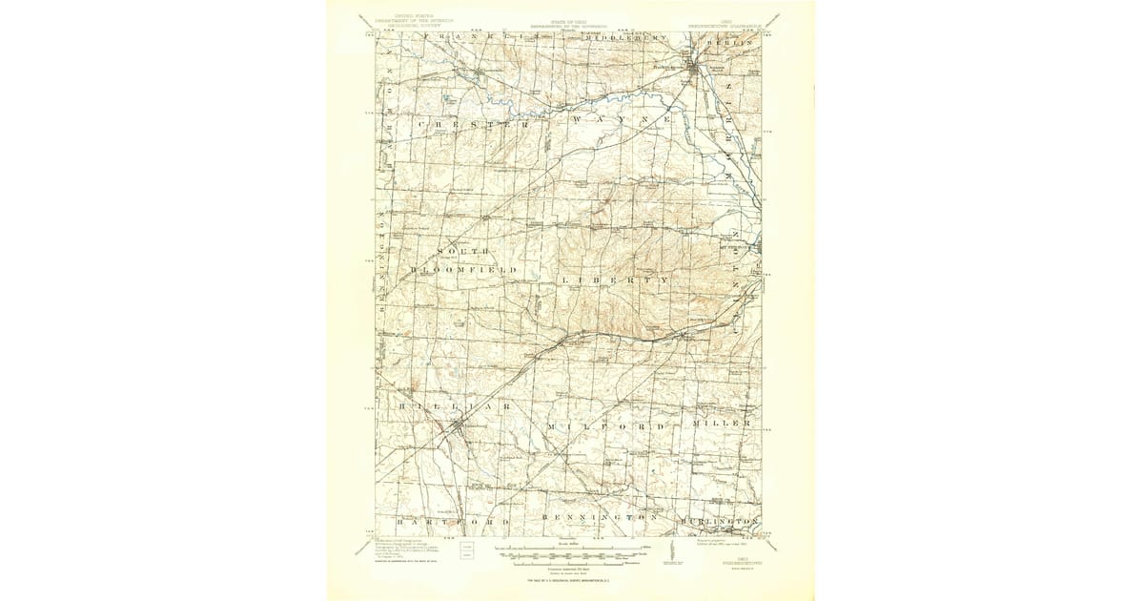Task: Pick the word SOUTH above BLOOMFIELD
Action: [463, 251]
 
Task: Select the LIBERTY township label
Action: [616, 280]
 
